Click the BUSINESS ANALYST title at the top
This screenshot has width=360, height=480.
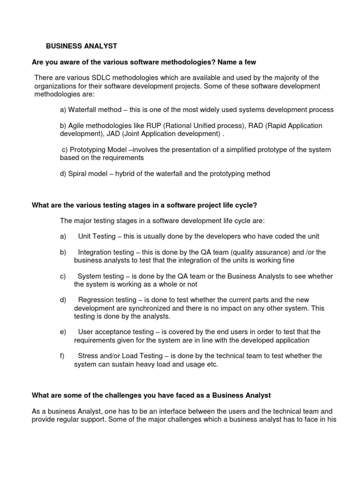81,46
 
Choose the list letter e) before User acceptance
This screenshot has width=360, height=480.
63,332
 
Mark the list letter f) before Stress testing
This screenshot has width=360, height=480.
62,356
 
